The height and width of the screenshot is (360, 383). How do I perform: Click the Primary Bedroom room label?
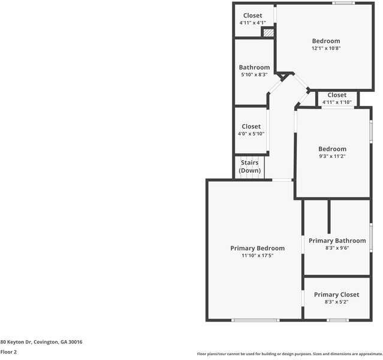click(257, 248)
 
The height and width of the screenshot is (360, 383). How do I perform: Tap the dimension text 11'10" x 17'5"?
click(257, 256)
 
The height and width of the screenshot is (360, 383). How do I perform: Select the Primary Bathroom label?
click(337, 241)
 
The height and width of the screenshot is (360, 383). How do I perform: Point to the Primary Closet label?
click(336, 295)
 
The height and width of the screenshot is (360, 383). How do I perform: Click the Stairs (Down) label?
click(250, 166)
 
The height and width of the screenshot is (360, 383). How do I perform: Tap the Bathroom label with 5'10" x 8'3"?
click(254, 67)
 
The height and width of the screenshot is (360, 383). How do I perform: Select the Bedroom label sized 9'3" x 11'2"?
click(332, 149)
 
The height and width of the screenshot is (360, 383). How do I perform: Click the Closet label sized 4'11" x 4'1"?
click(252, 16)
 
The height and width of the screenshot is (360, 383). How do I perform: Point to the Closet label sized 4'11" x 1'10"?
click(337, 95)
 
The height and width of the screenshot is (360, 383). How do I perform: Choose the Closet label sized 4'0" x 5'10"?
click(251, 127)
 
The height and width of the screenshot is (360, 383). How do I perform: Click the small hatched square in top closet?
click(269, 33)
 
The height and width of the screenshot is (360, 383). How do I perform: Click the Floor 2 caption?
click(8, 352)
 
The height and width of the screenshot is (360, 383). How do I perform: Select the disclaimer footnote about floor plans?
click(289, 354)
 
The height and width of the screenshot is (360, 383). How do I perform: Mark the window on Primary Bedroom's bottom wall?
click(255, 320)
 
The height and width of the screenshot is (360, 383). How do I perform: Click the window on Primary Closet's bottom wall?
click(337, 320)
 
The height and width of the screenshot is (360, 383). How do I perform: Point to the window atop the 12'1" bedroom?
click(343, 3)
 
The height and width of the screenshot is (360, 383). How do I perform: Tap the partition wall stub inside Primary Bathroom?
click(328, 216)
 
